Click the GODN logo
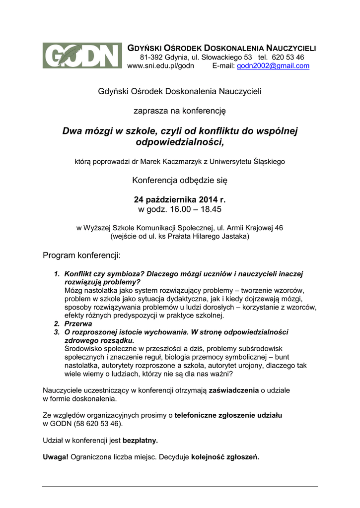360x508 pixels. [82, 56]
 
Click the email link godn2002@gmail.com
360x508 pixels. [273, 66]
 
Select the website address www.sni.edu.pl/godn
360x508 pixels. [161, 66]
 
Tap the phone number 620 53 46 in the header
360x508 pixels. [288, 57]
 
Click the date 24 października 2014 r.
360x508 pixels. [180, 199]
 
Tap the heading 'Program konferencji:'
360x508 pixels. [82, 255]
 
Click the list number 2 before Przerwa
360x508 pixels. [57, 323]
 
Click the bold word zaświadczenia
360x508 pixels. [234, 390]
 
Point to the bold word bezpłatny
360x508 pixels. [140, 440]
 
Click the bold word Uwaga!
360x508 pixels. [56, 457]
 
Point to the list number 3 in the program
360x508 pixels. [57, 332]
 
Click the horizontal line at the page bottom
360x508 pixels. [180, 486]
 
